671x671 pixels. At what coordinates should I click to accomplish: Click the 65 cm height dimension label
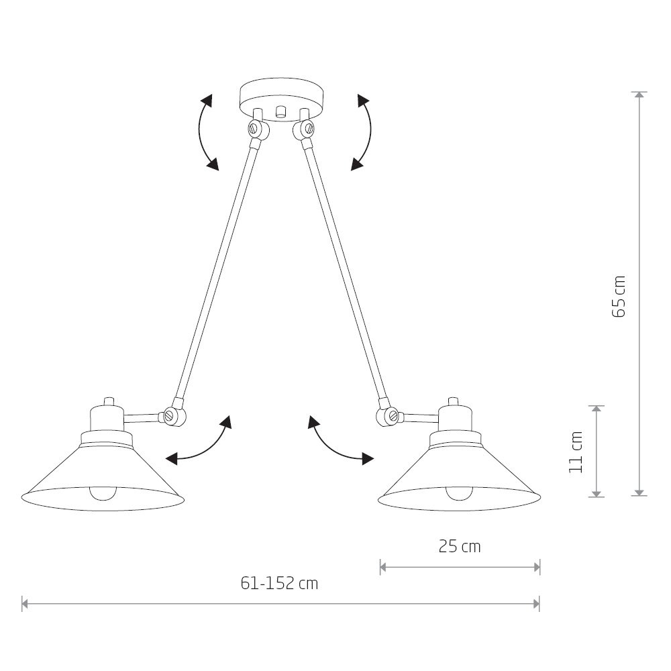619,296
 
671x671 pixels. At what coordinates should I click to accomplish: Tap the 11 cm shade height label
576,452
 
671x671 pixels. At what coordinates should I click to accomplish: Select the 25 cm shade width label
460,546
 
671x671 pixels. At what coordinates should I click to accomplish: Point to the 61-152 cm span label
279,583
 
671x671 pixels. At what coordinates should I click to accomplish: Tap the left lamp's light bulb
103,494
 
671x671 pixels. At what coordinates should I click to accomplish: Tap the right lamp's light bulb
460,494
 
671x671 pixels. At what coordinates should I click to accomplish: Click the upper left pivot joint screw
256,127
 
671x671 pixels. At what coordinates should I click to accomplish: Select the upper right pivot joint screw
307,127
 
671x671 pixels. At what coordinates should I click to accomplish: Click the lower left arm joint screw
170,415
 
